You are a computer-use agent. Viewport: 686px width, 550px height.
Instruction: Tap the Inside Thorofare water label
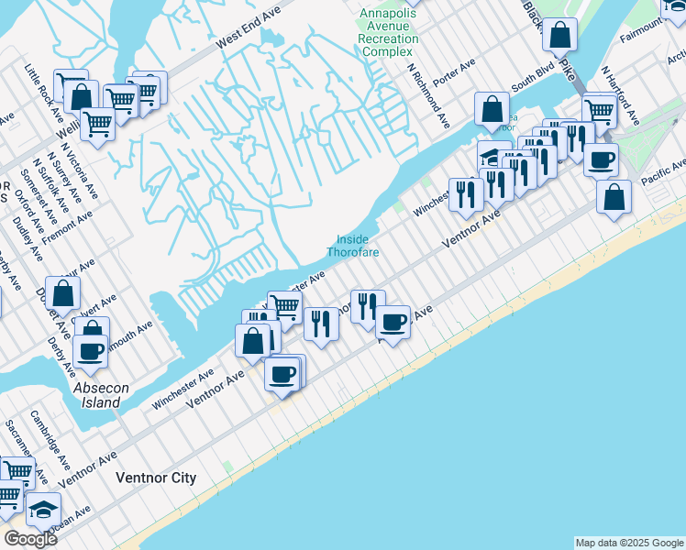click(352, 246)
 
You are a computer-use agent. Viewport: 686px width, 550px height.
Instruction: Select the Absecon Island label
click(97, 395)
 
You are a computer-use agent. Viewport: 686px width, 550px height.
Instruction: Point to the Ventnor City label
click(156, 478)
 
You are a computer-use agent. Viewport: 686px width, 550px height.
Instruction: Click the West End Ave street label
click(249, 30)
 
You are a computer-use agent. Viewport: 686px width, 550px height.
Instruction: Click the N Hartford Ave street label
click(621, 95)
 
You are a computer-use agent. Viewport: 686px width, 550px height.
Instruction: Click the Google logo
click(30, 538)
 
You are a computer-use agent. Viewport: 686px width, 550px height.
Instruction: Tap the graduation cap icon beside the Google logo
click(42, 509)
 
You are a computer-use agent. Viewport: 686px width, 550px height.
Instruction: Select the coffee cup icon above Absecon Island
click(91, 349)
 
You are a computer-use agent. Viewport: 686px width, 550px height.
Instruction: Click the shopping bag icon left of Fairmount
click(559, 35)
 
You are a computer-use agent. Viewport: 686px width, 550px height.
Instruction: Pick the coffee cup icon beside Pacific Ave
click(601, 159)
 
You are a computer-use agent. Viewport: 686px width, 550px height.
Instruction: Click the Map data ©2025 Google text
click(629, 543)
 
